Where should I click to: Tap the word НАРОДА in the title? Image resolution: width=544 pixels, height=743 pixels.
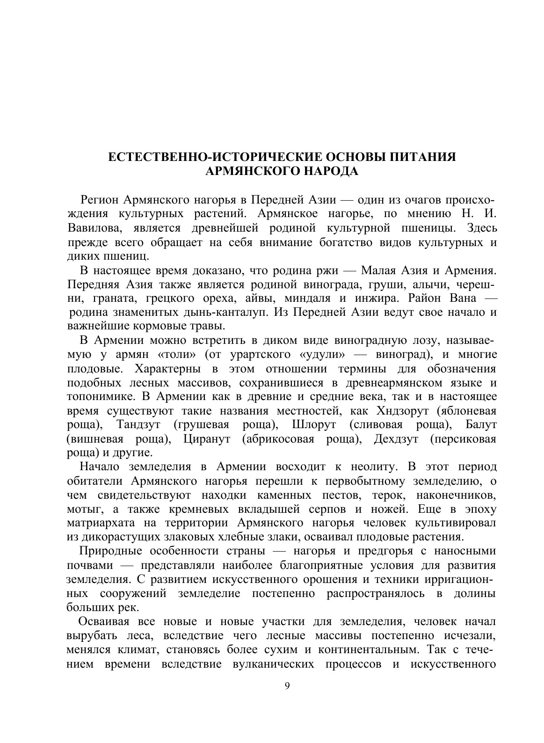tap(331, 172)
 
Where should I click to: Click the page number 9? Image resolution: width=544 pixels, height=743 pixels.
tap(287, 686)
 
